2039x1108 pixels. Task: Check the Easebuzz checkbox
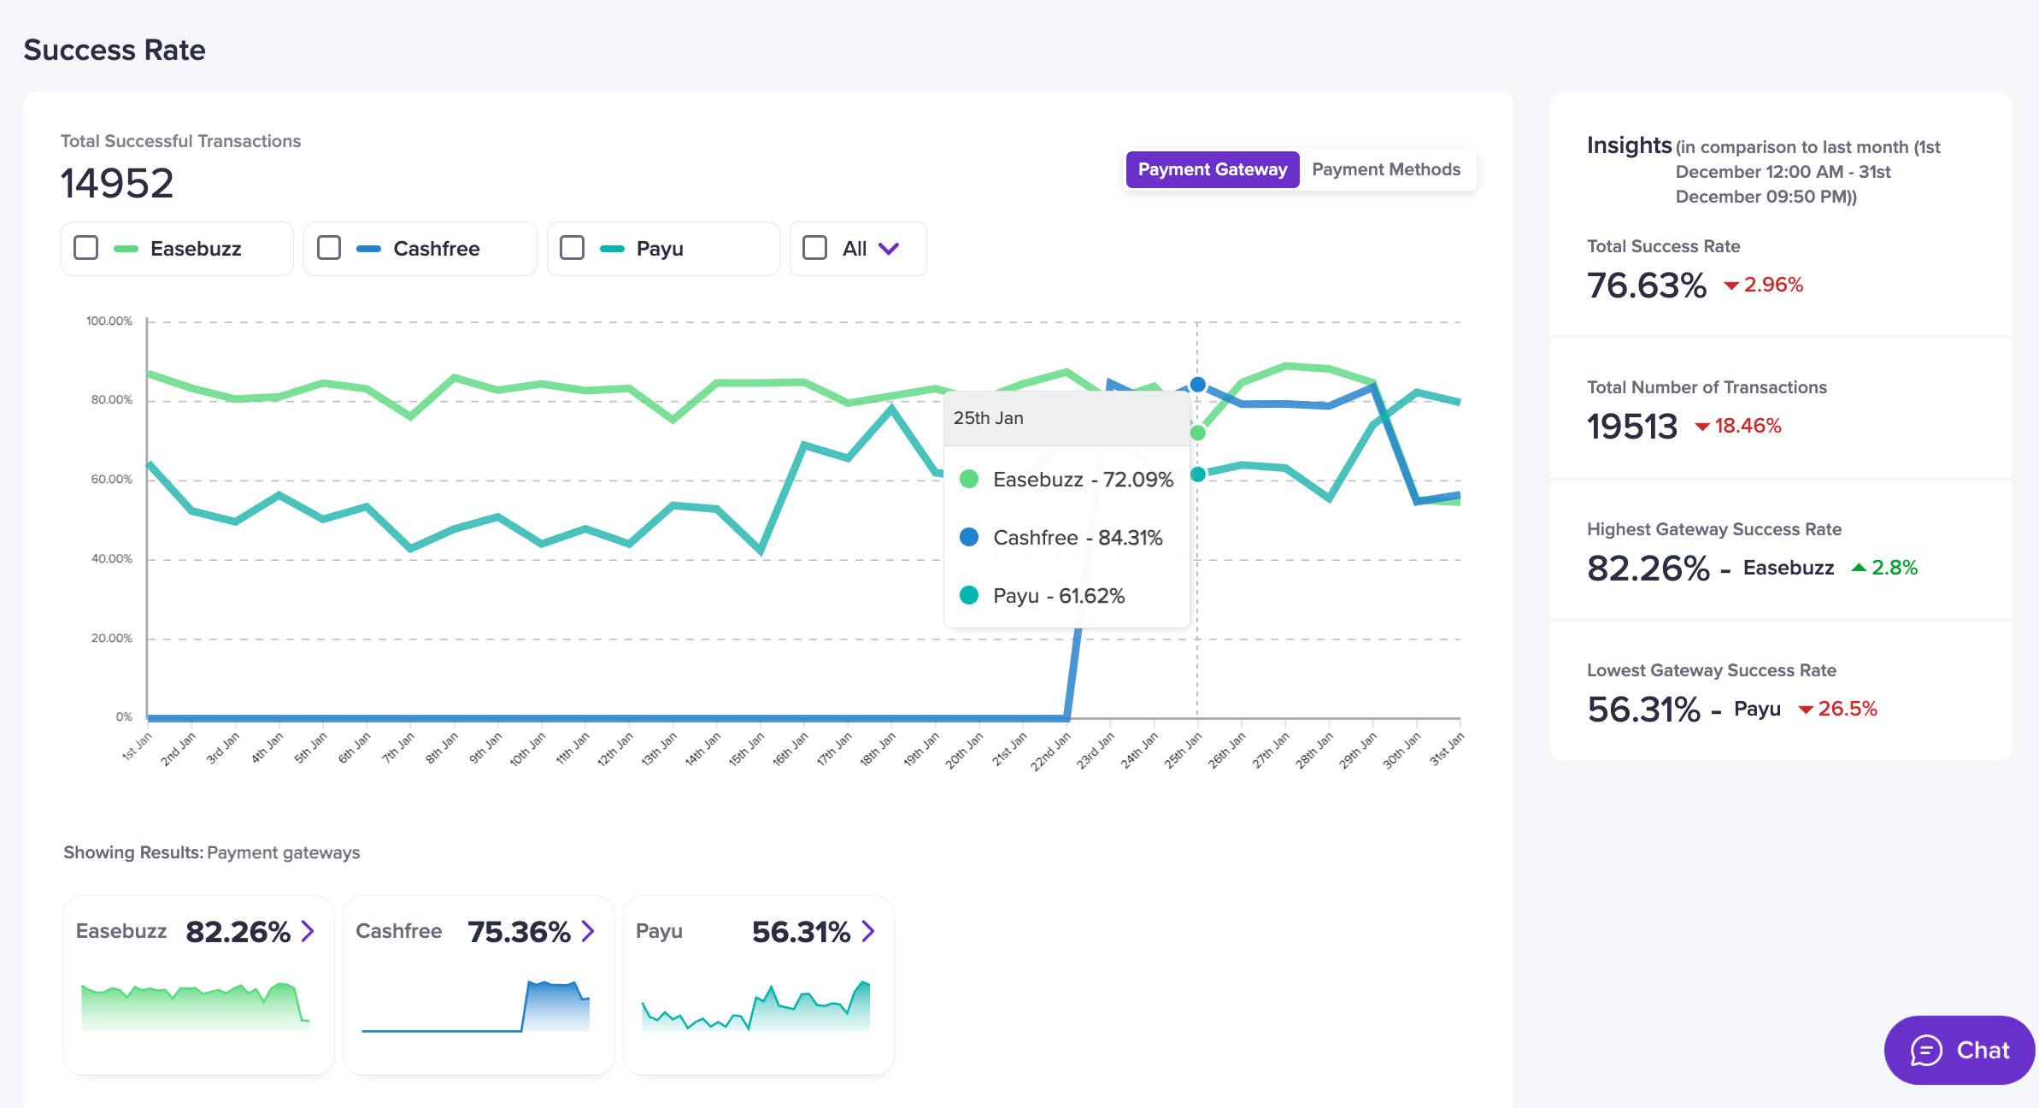point(86,248)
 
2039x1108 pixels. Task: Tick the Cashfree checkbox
point(329,248)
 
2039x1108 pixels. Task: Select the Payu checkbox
point(572,248)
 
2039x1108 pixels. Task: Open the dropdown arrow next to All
point(889,249)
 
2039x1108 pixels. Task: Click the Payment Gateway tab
point(1212,169)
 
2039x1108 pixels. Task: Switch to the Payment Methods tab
point(1385,169)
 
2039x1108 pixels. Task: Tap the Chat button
point(1959,1050)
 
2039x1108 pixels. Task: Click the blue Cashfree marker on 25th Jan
point(1198,385)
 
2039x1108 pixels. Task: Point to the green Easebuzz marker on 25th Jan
point(1198,433)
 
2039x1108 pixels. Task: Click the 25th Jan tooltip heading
point(989,418)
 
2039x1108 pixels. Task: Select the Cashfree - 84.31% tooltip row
point(1077,538)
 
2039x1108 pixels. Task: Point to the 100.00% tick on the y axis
point(109,321)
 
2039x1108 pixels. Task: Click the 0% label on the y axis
point(124,717)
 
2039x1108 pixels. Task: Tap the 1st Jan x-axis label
point(137,746)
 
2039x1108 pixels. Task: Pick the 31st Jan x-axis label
point(1446,748)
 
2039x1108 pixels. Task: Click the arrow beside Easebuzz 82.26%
point(308,931)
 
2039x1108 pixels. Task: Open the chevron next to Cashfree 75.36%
point(588,931)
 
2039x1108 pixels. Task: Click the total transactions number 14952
point(117,183)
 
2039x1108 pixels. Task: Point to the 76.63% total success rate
point(1646,286)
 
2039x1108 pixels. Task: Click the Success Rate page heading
point(115,50)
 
